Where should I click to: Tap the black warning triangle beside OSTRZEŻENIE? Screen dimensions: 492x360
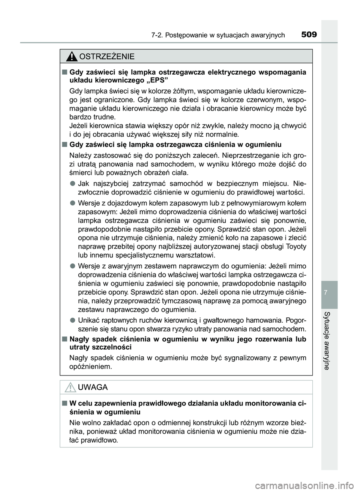pyautogui.click(x=70, y=57)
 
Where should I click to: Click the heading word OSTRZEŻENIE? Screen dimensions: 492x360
pyautogui.click(x=105, y=57)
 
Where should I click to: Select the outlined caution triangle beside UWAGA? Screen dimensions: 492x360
pyautogui.click(x=70, y=387)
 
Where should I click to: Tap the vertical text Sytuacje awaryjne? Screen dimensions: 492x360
pyautogui.click(x=329, y=340)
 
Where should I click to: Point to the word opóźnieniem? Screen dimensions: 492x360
pyautogui.click(x=91, y=366)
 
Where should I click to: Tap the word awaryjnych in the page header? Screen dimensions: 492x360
pyautogui.click(x=267, y=36)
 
